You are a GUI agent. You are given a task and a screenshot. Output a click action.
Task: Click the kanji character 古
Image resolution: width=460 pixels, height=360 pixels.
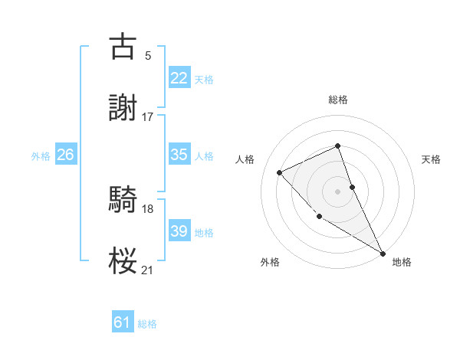(123, 46)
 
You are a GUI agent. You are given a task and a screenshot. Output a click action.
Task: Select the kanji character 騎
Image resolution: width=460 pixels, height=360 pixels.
(123, 200)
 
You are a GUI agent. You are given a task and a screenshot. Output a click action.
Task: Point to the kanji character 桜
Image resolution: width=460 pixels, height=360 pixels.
(123, 261)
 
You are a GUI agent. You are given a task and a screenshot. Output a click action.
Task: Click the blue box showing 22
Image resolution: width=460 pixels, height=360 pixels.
(179, 78)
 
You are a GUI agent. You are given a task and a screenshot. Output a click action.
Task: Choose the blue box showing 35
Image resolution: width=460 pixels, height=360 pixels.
(179, 155)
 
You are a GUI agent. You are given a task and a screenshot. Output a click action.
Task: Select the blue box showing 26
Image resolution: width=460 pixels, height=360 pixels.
(65, 155)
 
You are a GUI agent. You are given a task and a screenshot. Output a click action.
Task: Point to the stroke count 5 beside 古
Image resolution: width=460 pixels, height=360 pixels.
(147, 55)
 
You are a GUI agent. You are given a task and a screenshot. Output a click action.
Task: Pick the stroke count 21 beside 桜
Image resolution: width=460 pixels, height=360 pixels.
(147, 270)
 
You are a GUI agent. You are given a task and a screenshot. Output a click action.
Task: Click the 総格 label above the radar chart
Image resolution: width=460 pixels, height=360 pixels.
(338, 100)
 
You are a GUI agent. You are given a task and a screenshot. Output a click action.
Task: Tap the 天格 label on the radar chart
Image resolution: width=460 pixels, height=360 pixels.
(431, 159)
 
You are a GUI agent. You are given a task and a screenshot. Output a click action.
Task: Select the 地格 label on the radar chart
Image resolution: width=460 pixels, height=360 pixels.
(402, 262)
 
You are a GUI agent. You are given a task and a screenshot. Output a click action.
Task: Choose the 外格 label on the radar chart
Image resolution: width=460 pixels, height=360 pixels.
(270, 262)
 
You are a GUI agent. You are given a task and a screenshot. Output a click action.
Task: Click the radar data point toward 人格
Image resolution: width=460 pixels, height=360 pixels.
(280, 172)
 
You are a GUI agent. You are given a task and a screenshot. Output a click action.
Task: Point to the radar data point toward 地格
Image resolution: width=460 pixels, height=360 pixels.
(383, 254)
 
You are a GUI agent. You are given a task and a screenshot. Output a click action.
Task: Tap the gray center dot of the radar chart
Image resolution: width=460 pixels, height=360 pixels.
(338, 191)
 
